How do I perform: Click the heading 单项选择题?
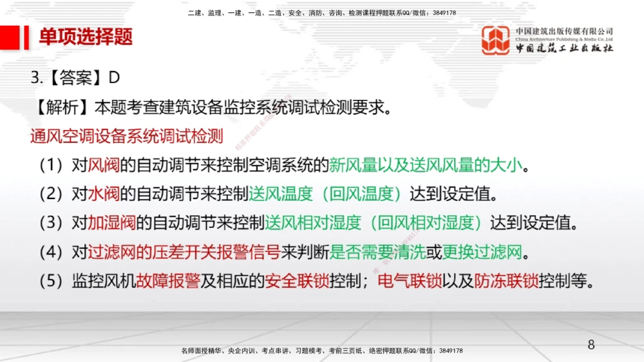pyautogui.click(x=86, y=37)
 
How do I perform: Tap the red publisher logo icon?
pyautogui.click(x=495, y=40)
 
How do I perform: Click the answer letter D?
pyautogui.click(x=115, y=77)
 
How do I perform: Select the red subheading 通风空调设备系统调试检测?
pyautogui.click(x=126, y=137)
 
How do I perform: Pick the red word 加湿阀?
pyautogui.click(x=112, y=222)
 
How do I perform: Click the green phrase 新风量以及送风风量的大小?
pyautogui.click(x=426, y=166)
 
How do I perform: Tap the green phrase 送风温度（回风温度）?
pyautogui.click(x=329, y=193)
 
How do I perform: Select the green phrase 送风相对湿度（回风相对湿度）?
pyautogui.click(x=377, y=222)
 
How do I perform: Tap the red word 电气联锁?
pyautogui.click(x=410, y=281)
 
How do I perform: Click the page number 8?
pyautogui.click(x=591, y=345)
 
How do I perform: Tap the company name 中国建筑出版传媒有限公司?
pyautogui.click(x=564, y=31)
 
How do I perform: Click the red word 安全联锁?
pyautogui.click(x=297, y=281)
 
